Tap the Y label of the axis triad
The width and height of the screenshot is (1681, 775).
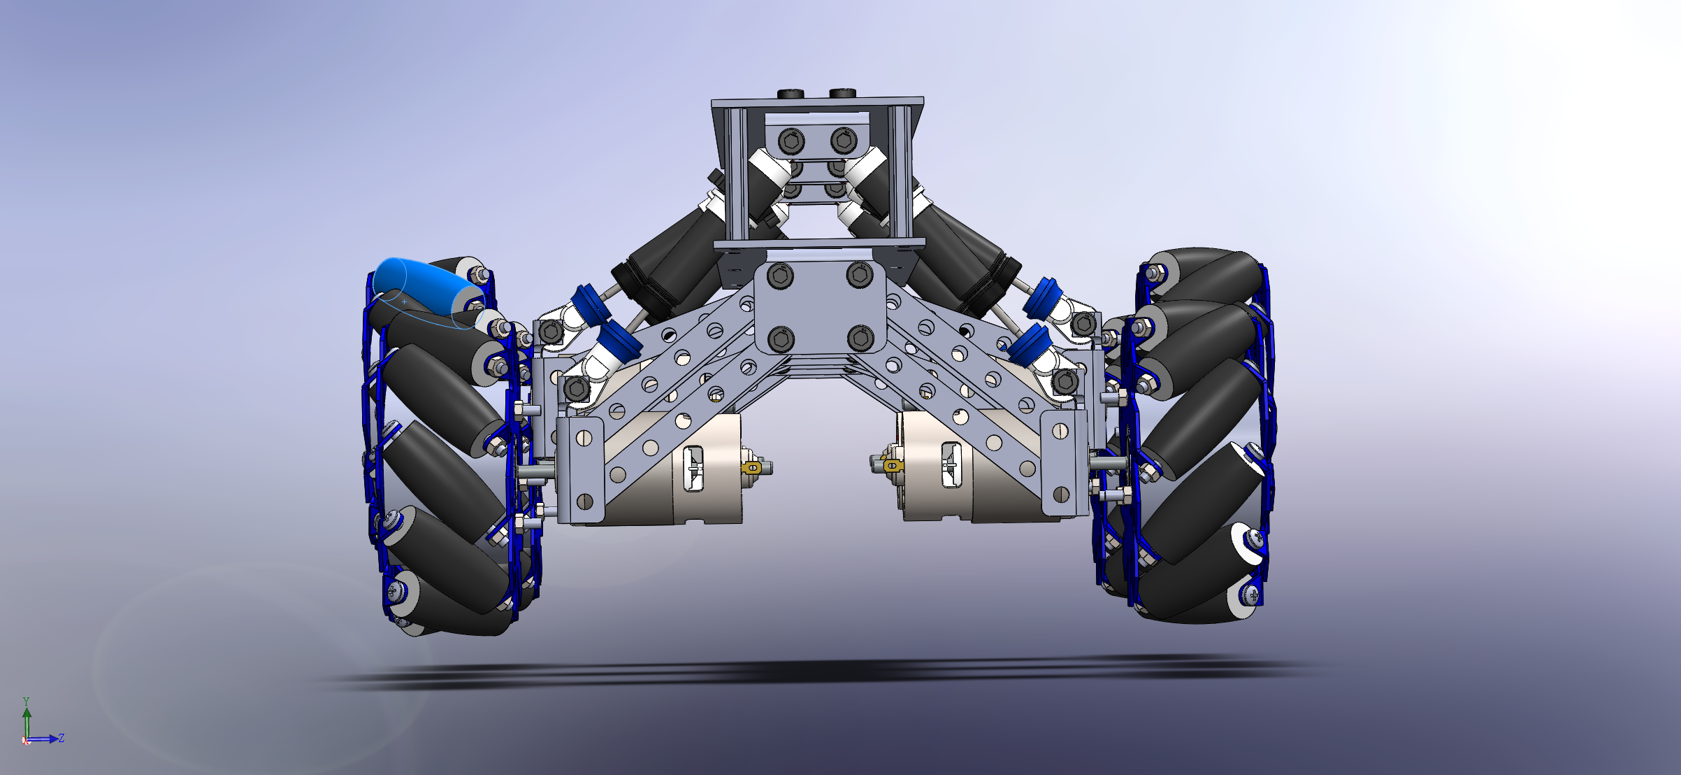26,701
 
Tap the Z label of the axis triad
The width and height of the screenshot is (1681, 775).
62,738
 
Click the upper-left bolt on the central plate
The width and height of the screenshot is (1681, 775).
780,276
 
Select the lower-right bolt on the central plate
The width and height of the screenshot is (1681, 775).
860,339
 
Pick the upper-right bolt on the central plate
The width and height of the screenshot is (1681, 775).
860,274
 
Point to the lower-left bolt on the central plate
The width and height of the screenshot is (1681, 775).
781,339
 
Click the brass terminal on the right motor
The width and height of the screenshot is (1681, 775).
890,464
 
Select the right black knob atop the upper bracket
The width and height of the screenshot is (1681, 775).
844,93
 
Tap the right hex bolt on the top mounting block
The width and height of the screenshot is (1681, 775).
844,141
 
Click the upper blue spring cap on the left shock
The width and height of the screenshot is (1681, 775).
586,304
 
